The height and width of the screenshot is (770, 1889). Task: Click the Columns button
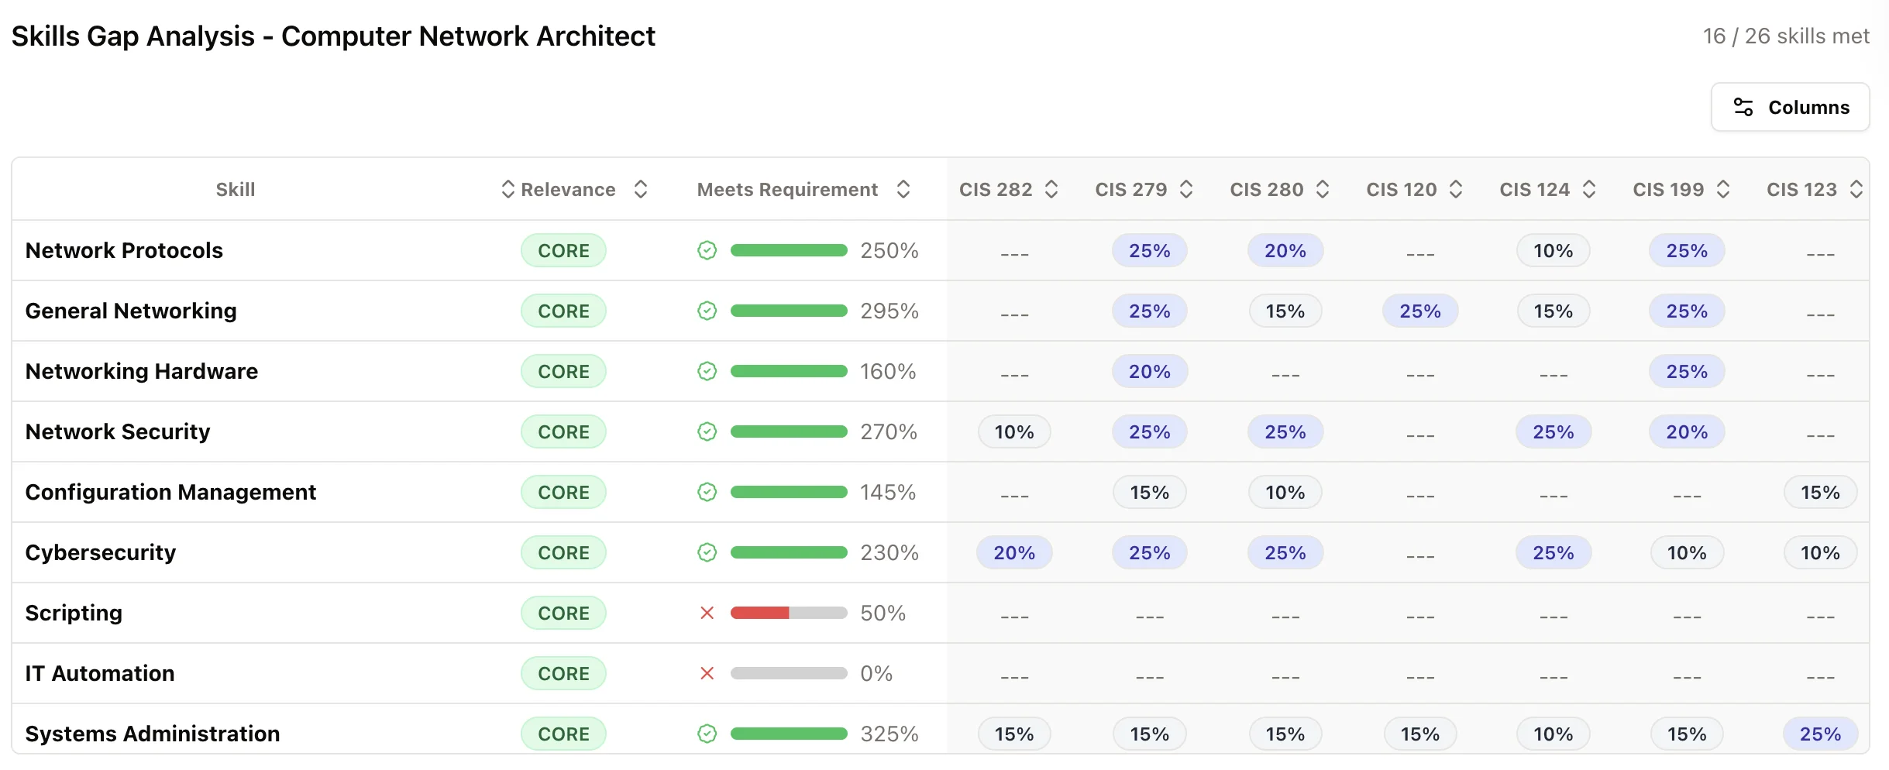(x=1790, y=107)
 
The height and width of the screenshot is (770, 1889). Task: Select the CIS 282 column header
(x=996, y=190)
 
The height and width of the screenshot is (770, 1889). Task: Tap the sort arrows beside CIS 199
(x=1723, y=190)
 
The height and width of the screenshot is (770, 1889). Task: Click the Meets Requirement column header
(x=787, y=190)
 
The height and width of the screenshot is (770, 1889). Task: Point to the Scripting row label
(x=74, y=613)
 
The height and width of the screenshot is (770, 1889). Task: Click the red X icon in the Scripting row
(x=707, y=613)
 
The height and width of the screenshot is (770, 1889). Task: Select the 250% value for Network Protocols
(x=889, y=250)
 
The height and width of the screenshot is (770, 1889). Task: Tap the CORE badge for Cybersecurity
(x=563, y=552)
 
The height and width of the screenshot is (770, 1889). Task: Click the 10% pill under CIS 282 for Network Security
(x=1013, y=431)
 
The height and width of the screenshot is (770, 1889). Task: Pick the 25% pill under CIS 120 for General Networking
(x=1419, y=311)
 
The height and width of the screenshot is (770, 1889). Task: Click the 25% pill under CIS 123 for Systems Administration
(x=1819, y=734)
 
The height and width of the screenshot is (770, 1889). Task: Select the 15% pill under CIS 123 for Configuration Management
(x=1819, y=492)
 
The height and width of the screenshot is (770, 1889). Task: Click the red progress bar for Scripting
(x=760, y=613)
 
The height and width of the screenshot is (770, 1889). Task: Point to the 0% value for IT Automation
(x=876, y=673)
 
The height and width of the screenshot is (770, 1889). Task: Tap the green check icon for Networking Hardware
(x=707, y=371)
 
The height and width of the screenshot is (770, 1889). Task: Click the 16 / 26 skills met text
(x=1785, y=36)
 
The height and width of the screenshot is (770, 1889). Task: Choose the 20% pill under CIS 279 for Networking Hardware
(x=1149, y=371)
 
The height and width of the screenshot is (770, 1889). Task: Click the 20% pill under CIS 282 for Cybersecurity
(x=1013, y=552)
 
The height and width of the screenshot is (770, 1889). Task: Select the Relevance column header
(x=568, y=190)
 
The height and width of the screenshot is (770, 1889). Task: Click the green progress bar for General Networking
(x=788, y=311)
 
